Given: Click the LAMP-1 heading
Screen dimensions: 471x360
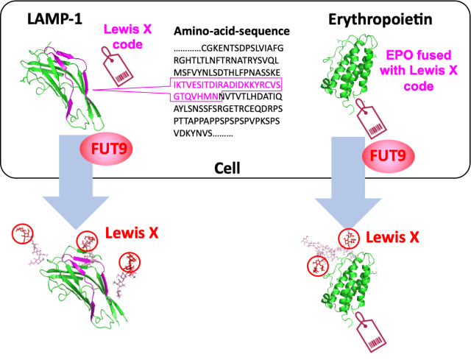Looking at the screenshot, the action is click(54, 18).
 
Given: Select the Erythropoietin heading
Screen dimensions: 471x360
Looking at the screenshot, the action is click(380, 20).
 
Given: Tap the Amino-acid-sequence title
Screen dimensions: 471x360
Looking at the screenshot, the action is click(232, 31).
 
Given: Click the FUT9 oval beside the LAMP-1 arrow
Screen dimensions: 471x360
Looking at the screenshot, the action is click(106, 149).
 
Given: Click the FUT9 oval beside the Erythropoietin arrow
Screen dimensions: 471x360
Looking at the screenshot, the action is click(388, 156).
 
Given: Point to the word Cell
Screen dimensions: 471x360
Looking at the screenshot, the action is click(227, 169).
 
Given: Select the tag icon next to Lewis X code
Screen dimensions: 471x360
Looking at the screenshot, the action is click(118, 67).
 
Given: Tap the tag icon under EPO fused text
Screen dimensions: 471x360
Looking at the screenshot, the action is click(371, 119).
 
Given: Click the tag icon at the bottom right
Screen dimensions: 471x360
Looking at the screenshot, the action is click(371, 332).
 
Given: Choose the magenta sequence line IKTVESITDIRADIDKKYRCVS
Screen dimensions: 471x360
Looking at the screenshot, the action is click(227, 85).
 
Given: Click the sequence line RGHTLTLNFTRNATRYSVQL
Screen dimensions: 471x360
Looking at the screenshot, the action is click(226, 60).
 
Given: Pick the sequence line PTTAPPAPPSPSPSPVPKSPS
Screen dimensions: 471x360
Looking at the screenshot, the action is click(227, 121).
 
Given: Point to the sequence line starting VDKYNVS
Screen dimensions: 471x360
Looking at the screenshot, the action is click(203, 133).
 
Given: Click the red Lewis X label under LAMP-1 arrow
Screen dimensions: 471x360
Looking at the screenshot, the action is click(132, 233).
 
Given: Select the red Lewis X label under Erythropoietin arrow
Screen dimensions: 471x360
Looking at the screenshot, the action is click(392, 237).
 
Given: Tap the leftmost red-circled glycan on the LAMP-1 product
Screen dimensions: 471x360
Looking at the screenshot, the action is click(23, 234).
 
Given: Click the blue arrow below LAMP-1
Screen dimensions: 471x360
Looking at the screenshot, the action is click(76, 180).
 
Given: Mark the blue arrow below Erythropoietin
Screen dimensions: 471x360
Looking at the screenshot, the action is click(348, 183).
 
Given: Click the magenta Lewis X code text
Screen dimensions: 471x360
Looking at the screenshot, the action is click(127, 37).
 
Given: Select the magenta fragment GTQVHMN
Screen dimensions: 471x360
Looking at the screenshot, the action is click(196, 96).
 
